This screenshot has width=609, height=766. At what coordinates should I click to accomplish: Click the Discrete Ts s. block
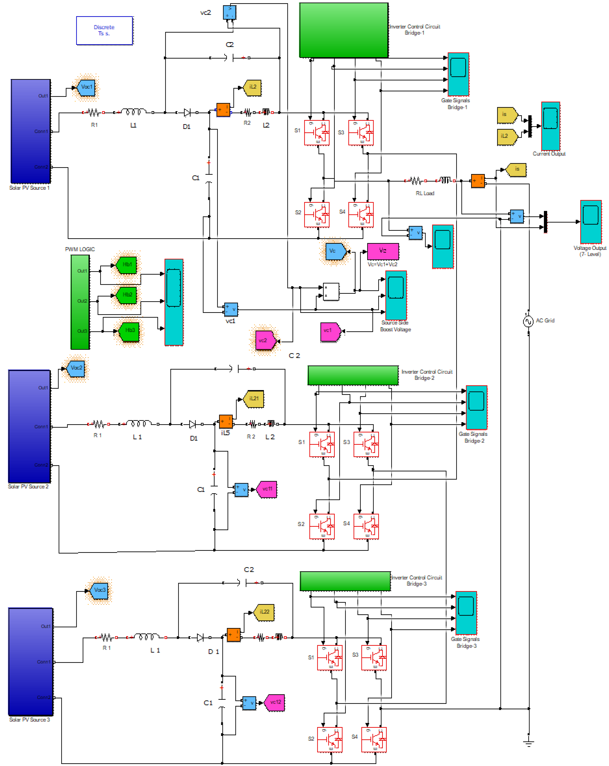click(105, 31)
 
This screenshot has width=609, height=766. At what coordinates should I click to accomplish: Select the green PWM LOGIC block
click(80, 302)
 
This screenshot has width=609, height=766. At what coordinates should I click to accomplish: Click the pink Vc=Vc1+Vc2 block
click(383, 251)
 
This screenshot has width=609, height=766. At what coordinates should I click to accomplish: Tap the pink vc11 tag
click(267, 489)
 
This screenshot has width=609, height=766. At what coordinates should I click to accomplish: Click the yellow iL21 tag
click(254, 399)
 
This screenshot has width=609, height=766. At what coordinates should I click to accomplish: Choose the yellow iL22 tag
click(264, 612)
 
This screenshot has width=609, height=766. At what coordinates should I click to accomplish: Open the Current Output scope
click(550, 126)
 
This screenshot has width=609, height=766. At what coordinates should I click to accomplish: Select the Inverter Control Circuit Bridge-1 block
click(344, 30)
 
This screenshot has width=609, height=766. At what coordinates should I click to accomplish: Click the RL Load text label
click(425, 193)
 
